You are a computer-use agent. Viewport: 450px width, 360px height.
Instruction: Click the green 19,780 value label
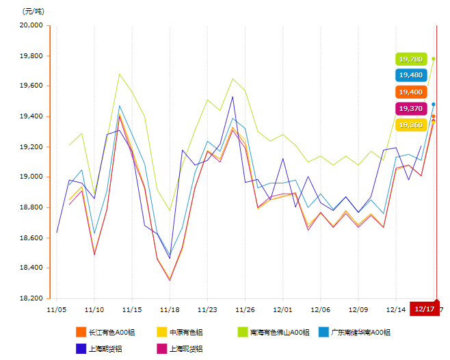[411, 60]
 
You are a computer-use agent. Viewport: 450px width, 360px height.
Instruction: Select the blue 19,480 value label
[411, 75]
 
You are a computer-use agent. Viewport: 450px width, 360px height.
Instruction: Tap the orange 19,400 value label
[411, 92]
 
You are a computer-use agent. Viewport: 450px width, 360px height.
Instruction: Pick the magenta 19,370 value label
[411, 108]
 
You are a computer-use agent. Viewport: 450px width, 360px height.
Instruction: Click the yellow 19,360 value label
[411, 125]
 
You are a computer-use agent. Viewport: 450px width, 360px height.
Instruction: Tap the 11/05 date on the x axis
[56, 309]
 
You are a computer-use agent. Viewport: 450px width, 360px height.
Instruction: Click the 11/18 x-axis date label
[170, 309]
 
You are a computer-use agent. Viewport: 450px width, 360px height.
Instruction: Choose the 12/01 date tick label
[283, 309]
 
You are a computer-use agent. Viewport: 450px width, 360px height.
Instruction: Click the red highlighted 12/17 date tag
[424, 309]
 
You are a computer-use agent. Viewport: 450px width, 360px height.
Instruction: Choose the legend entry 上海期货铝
[103, 348]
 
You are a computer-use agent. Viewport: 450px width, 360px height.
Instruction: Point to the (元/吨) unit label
[32, 11]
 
